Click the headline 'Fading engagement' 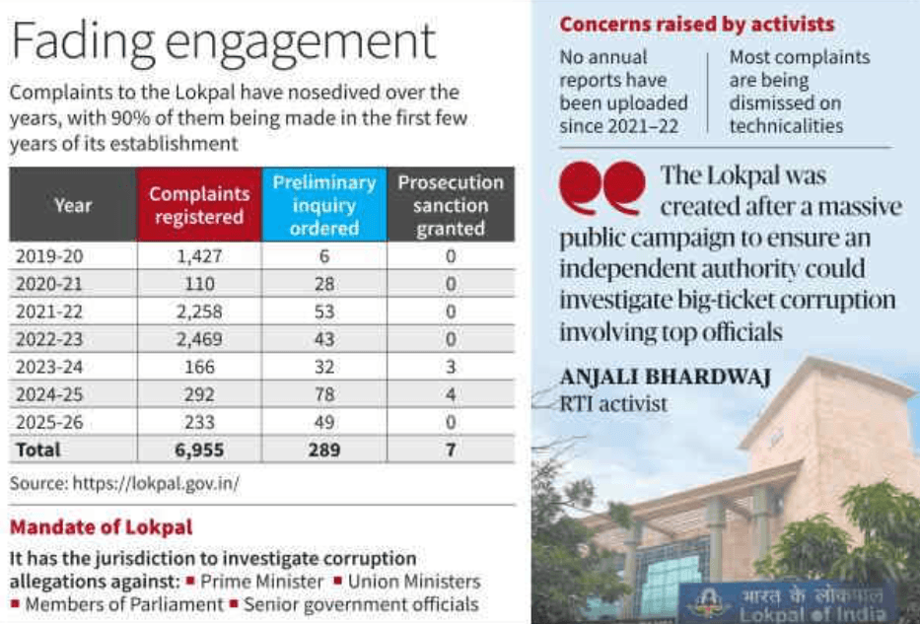pos(222,42)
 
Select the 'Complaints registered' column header pos(198,205)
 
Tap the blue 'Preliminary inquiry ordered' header pos(324,205)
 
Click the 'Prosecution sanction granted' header pos(451,205)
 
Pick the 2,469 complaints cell pos(198,340)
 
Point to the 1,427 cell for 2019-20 pos(198,256)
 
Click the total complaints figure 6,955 pos(198,451)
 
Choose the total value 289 pos(324,451)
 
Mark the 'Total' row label pos(37,451)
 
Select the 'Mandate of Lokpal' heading pos(101,527)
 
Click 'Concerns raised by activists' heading pos(696,25)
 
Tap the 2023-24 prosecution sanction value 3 pos(451,368)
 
